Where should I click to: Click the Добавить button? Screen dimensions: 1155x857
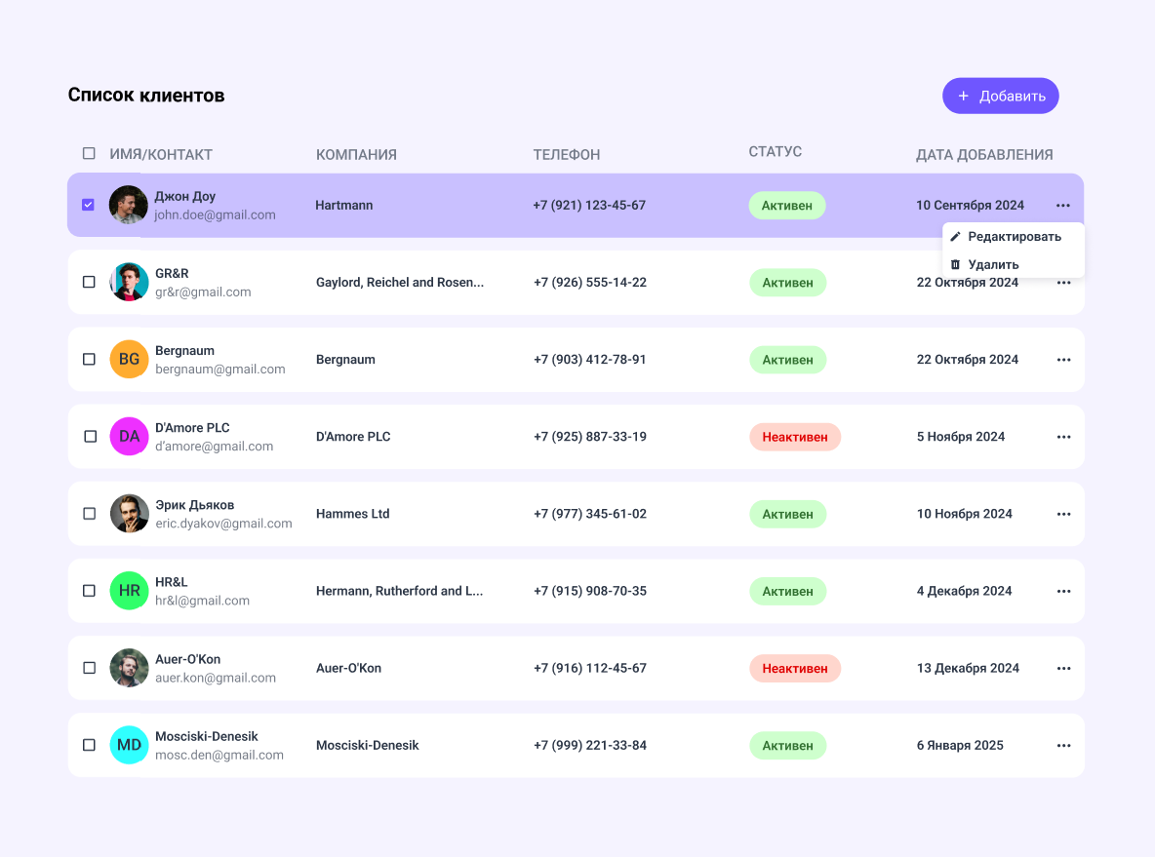1000,96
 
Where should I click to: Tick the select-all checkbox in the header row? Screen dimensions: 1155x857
89,153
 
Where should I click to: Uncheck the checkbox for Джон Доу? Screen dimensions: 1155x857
89,205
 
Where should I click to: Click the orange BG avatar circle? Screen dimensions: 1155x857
129,360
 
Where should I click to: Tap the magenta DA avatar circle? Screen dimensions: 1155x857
129,437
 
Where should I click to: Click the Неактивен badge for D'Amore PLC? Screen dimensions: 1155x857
795,437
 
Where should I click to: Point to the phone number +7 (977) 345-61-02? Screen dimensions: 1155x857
590,514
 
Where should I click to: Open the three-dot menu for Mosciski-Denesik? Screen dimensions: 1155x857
1063,745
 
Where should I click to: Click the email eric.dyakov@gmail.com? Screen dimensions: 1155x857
224,524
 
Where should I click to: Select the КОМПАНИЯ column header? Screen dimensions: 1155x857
356,155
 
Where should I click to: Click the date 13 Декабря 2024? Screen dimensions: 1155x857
968,668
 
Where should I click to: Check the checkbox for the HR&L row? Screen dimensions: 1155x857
89,591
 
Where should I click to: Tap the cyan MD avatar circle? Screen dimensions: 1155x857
129,745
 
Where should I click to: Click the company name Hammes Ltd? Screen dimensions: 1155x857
353,514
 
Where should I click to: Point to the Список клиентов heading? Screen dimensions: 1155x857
146,95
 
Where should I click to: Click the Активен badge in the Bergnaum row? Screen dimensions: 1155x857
787,360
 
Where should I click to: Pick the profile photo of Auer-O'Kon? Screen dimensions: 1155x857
129,668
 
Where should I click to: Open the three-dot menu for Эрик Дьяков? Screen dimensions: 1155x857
1063,514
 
